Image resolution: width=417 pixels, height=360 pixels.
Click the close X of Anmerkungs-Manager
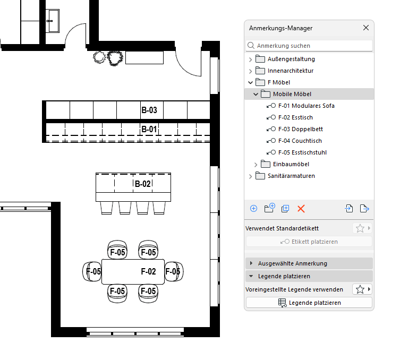coord(366,28)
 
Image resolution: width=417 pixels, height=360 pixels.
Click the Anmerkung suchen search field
coord(309,46)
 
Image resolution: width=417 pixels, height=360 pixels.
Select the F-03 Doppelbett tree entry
coord(301,129)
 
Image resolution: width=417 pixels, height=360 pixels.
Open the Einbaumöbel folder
coord(291,164)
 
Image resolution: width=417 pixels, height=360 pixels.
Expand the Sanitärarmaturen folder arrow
coord(250,176)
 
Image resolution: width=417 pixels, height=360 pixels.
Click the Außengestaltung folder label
coord(291,59)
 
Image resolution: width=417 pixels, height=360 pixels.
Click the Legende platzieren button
coord(309,303)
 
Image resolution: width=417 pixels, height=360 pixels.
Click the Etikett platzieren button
coord(309,242)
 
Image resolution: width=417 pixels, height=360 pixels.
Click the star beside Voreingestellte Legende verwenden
coord(360,289)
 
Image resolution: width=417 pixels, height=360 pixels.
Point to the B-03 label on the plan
coord(149,110)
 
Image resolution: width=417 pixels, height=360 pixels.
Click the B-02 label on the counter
coord(143,184)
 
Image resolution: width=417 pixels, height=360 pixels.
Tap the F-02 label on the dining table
coord(148,271)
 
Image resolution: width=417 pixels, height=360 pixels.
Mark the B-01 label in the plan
coord(149,129)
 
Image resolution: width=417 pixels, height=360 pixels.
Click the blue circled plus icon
coord(254,209)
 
